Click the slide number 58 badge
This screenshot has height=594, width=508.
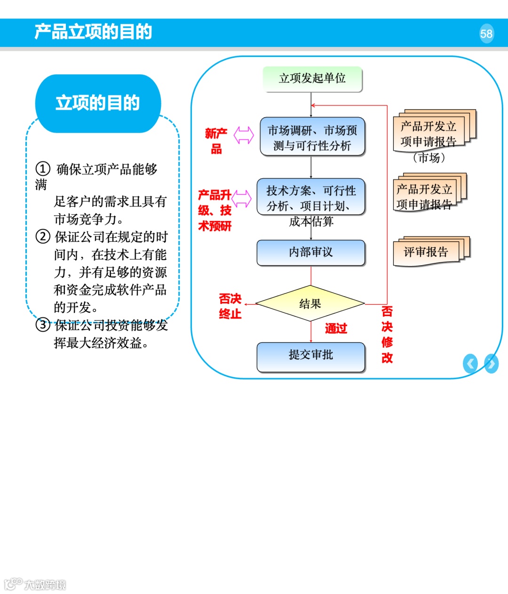[x=486, y=33]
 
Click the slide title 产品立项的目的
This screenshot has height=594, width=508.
[x=93, y=32]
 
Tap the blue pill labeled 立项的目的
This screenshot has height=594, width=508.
[x=98, y=103]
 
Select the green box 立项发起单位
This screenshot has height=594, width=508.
[x=312, y=78]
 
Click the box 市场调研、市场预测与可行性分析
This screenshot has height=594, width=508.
[x=312, y=137]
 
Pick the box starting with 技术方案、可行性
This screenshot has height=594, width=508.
[x=311, y=198]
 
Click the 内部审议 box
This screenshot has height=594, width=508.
[x=311, y=253]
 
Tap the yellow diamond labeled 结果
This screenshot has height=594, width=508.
[x=310, y=304]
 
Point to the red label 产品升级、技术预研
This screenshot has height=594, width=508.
[x=215, y=210]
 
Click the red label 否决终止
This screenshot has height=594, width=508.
[x=230, y=306]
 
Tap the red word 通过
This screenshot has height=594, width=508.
[x=336, y=329]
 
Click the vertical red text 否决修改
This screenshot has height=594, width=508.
[x=387, y=334]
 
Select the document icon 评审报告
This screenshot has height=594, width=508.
[x=429, y=252]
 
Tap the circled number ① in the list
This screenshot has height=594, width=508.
[x=43, y=168]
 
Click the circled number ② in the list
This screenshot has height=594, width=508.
[x=43, y=236]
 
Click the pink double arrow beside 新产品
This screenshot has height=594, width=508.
[x=244, y=135]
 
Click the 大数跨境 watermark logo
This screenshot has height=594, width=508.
[x=35, y=584]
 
